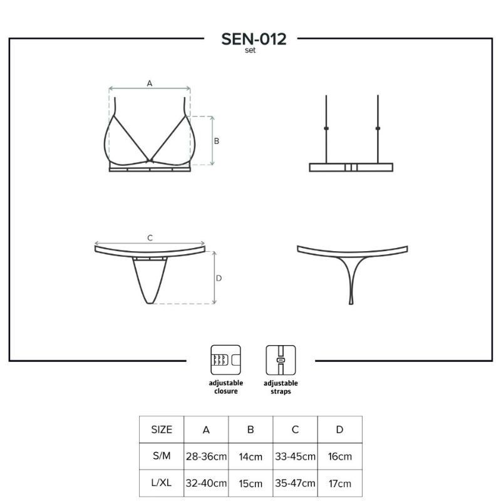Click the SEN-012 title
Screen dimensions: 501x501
coord(254,39)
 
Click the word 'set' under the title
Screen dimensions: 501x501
coord(250,51)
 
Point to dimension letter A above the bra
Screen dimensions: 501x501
coord(150,83)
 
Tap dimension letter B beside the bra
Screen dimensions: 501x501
coord(216,141)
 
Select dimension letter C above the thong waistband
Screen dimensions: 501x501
coord(150,238)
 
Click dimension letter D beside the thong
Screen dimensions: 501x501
coord(219,278)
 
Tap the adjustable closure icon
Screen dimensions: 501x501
coord(225,360)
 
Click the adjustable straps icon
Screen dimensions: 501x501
coord(281,360)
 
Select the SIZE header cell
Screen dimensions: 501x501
coord(162,430)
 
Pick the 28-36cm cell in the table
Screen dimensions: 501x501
coord(206,457)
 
